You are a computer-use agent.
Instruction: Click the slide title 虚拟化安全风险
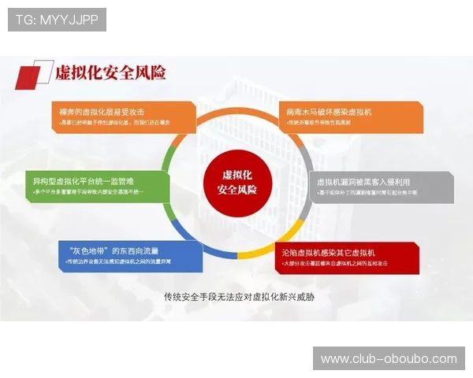coord(110,73)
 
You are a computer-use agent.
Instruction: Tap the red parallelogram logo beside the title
coord(32,76)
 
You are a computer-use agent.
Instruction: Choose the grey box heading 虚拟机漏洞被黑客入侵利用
coord(363,181)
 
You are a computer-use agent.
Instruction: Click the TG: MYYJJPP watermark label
coord(56,20)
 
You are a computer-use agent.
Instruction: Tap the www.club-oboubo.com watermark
coord(388,359)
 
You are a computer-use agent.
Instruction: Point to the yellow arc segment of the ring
coord(260,252)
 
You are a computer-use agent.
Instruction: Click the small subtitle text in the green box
coord(90,192)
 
